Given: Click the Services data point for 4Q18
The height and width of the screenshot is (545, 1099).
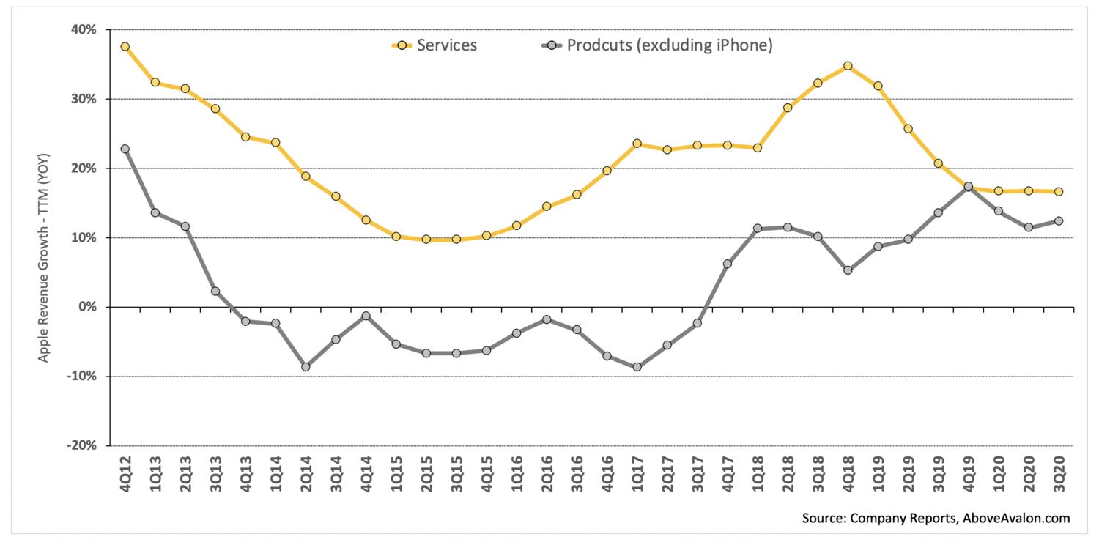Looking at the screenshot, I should click(848, 66).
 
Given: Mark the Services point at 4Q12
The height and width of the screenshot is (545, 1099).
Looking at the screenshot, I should click(125, 47).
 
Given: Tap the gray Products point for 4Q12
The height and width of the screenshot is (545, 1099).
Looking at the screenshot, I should click(125, 149).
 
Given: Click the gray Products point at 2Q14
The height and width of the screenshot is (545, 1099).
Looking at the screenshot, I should click(306, 367).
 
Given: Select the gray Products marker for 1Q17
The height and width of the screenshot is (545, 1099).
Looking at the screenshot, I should click(637, 367).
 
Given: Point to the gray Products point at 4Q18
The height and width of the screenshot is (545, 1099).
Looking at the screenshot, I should click(848, 270).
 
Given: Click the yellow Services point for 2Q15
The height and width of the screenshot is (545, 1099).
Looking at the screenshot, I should click(426, 240).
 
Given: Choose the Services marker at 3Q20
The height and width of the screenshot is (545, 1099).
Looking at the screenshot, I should click(1059, 192).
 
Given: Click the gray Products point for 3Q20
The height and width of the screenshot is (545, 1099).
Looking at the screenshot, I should click(1059, 221).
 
